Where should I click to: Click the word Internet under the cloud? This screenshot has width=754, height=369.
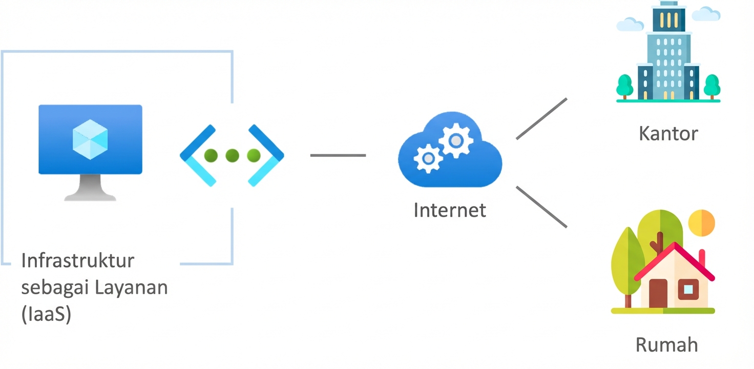pos(450,210)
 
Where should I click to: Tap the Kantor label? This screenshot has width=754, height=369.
pos(668,134)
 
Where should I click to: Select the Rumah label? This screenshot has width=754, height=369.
pos(666,344)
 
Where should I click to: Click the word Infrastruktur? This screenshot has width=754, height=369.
pos(77,260)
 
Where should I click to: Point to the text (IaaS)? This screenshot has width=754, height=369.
pos(46,314)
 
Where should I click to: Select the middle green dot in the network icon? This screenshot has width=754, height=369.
pos(232,155)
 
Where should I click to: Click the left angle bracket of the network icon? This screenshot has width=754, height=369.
pos(197,155)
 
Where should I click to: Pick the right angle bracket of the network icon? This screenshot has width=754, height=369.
pos(267,155)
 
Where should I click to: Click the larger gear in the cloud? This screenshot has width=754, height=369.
pos(455,139)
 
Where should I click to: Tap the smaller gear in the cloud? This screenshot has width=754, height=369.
pos(428,158)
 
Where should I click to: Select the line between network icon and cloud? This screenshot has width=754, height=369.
pos(338,155)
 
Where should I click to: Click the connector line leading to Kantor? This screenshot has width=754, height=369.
pos(541,118)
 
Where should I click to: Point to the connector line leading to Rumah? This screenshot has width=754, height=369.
pos(541,207)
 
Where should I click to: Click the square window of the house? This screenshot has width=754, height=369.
pos(688,290)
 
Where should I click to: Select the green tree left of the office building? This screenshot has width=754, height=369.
pos(624,85)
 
